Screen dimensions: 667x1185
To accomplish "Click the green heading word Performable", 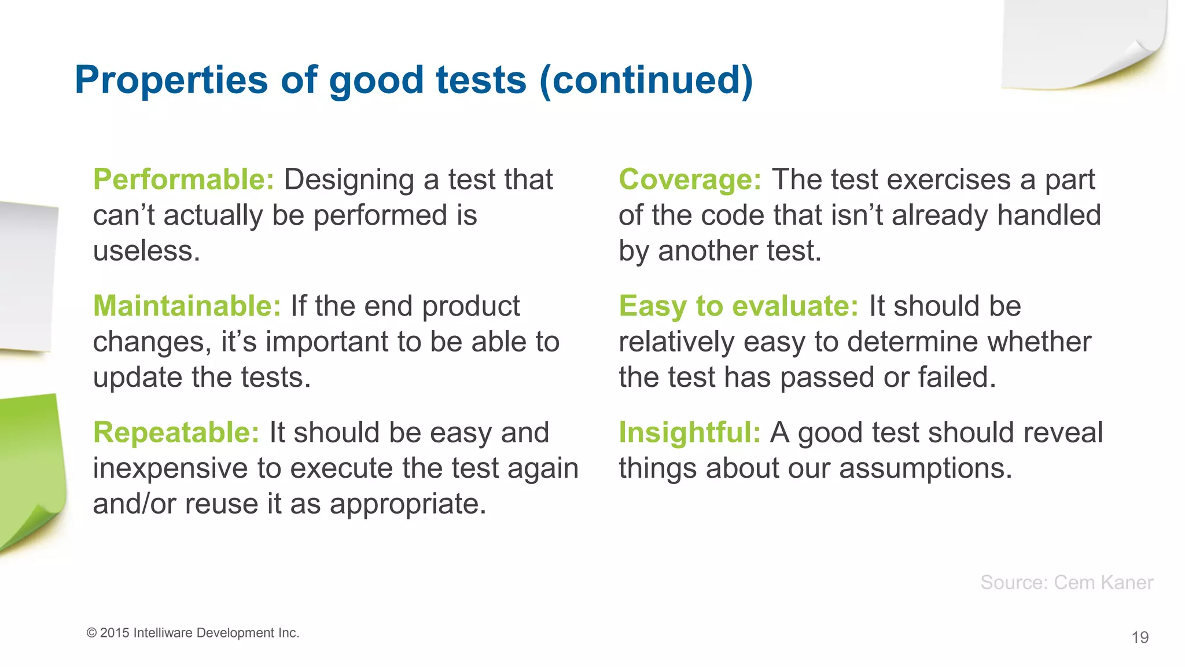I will click(x=183, y=179).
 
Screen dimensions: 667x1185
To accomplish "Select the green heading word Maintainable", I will click(x=186, y=306).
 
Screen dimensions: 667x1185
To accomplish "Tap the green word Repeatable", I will click(x=176, y=433).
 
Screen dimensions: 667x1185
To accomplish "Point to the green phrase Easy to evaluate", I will click(x=738, y=306).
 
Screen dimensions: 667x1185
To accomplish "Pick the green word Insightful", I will click(x=689, y=433).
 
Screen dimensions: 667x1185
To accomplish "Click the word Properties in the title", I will click(x=171, y=80).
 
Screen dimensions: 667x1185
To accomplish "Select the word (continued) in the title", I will click(x=646, y=80).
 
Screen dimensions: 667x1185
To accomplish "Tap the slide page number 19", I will click(x=1139, y=637).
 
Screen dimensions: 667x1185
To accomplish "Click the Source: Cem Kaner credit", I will click(x=1066, y=582).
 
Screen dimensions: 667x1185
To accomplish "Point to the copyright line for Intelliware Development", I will click(x=193, y=633).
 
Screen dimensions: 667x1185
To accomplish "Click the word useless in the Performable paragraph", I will click(x=146, y=251).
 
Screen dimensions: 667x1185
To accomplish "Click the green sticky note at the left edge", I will click(x=29, y=469).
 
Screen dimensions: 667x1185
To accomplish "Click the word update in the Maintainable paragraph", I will click(x=138, y=378).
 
